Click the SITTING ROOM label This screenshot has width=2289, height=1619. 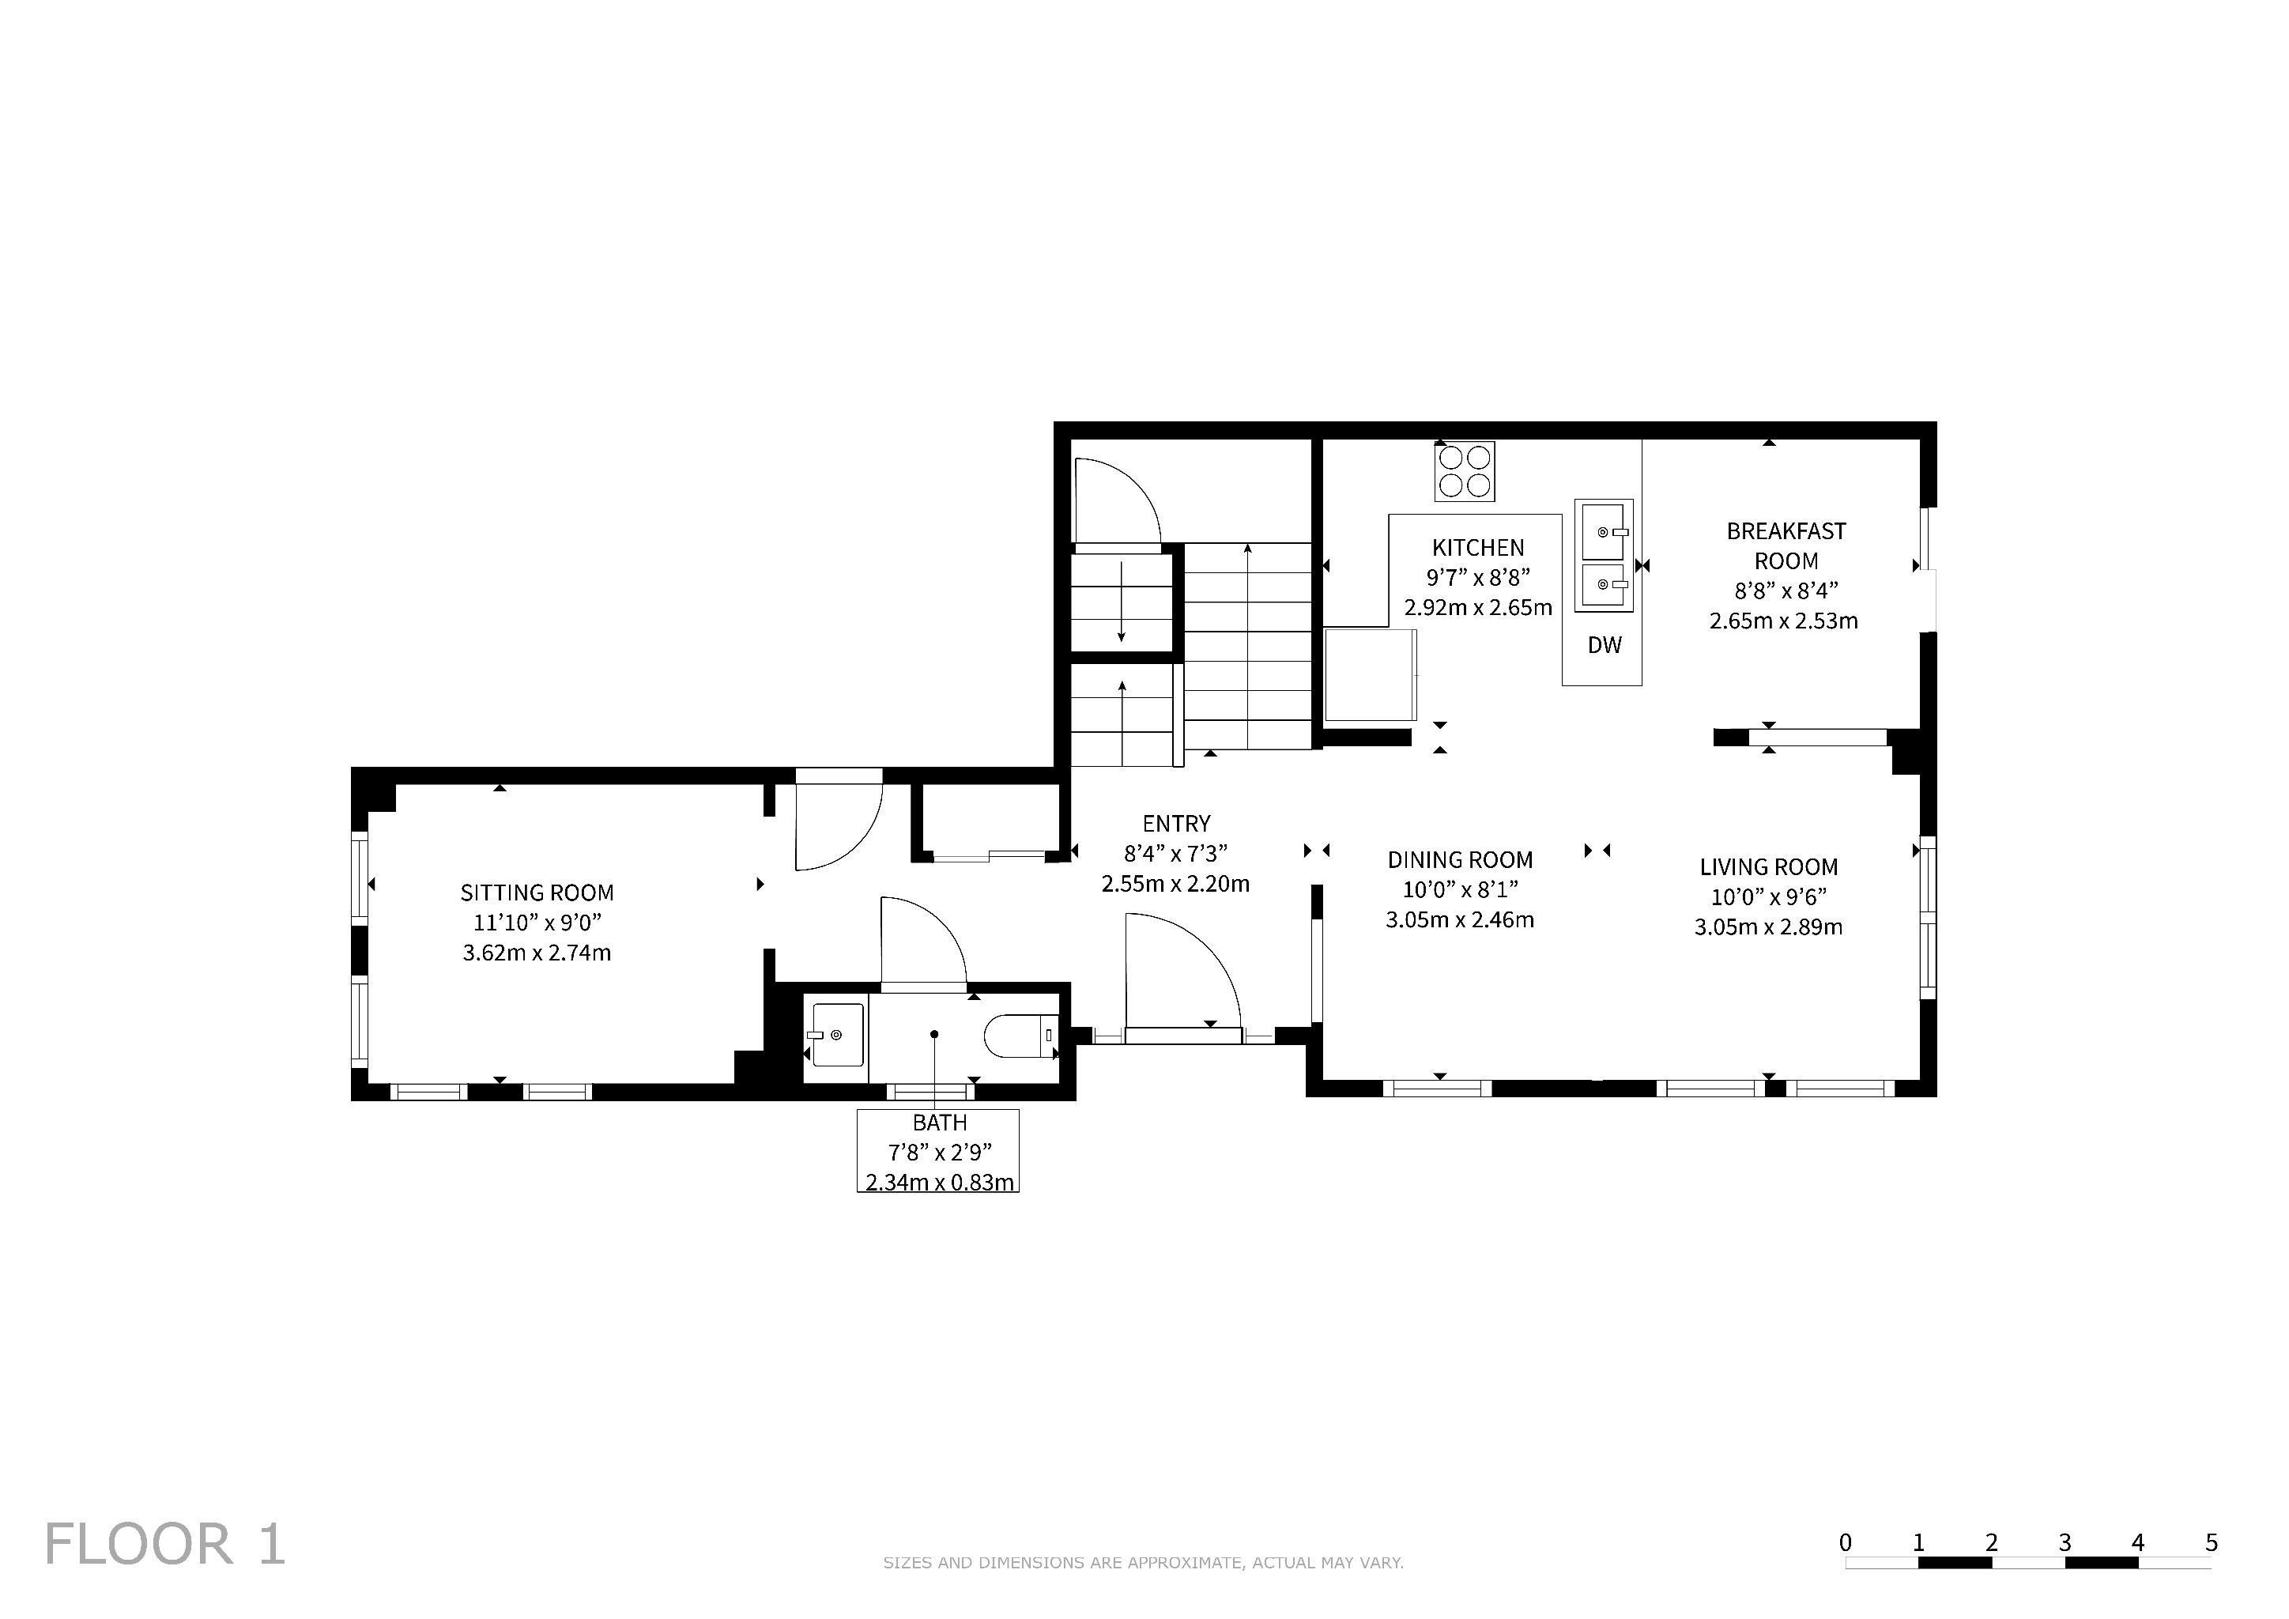[x=537, y=893]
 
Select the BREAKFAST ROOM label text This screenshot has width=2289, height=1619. [x=1786, y=545]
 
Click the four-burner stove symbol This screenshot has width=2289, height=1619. [x=1465, y=471]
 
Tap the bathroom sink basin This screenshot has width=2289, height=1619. [x=835, y=1036]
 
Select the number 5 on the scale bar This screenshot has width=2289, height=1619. [x=2212, y=1543]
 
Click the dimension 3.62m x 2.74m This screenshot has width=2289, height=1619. [x=537, y=953]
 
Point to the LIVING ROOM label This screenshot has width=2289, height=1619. [x=1769, y=867]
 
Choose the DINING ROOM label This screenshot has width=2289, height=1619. [x=1460, y=860]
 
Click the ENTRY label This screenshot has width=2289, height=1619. [x=1176, y=824]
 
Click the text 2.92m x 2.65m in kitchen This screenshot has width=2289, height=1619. [x=1477, y=607]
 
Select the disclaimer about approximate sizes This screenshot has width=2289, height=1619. [x=1144, y=1562]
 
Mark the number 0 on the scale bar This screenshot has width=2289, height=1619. [x=1846, y=1543]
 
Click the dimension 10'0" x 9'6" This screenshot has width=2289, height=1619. [x=1769, y=897]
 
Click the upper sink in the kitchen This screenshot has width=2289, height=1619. [x=1604, y=530]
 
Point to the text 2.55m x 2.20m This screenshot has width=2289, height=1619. [x=1175, y=883]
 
